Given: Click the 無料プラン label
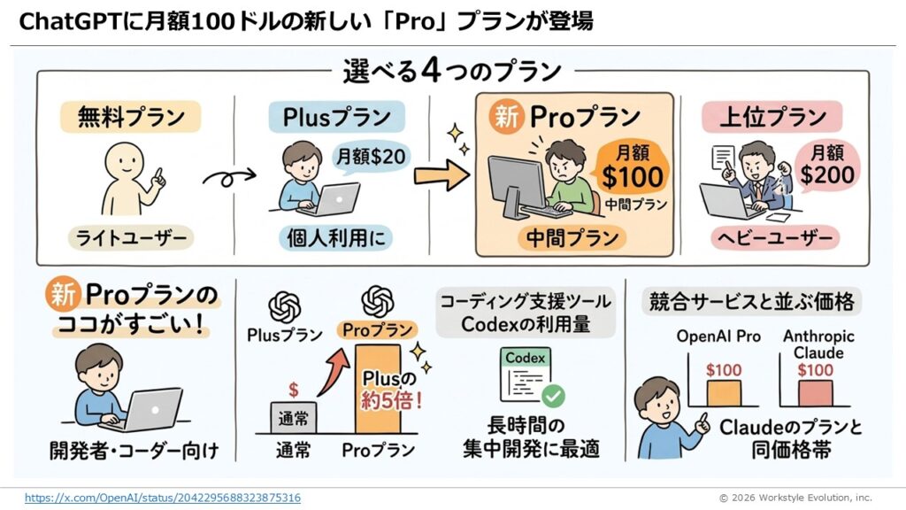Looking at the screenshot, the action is (x=131, y=118).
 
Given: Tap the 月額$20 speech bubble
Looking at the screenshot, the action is (x=371, y=156).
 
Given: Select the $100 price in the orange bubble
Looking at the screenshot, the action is (x=632, y=177).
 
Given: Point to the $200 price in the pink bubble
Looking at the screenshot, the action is (x=827, y=174).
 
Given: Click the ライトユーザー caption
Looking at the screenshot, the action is (x=131, y=237).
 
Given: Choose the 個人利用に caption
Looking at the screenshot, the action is (x=335, y=237).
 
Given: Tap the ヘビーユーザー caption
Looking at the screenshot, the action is (x=775, y=237).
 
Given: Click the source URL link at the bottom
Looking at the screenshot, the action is (x=163, y=498).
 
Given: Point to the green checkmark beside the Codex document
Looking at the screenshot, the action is (x=553, y=396).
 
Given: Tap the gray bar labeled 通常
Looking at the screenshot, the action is (x=294, y=418).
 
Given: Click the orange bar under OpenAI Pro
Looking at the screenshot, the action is (x=724, y=392).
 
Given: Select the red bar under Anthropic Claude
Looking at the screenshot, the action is (x=815, y=392).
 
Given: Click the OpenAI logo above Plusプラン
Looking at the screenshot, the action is (x=285, y=307).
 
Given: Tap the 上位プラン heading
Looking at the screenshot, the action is (x=772, y=118).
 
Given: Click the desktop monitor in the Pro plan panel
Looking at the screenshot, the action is (x=517, y=186).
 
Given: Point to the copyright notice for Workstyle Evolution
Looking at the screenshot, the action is (x=795, y=498).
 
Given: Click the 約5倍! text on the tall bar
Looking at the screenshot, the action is (x=390, y=400).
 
